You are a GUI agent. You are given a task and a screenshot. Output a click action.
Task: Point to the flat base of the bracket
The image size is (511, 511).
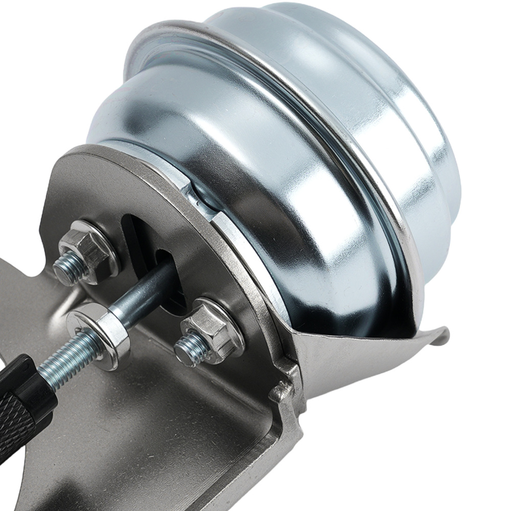(x=153, y=434)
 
